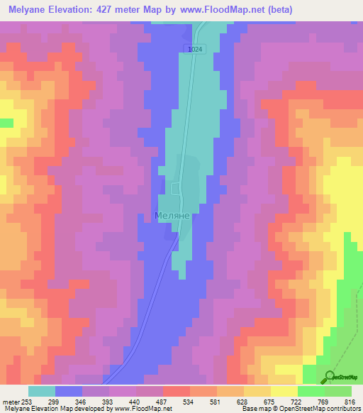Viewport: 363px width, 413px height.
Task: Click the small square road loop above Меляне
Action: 176,187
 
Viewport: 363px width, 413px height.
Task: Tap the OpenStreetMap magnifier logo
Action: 328,376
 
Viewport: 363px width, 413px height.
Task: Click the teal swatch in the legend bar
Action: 42,390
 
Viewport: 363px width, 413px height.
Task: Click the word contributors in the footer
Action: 343,408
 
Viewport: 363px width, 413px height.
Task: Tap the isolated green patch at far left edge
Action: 6,123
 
